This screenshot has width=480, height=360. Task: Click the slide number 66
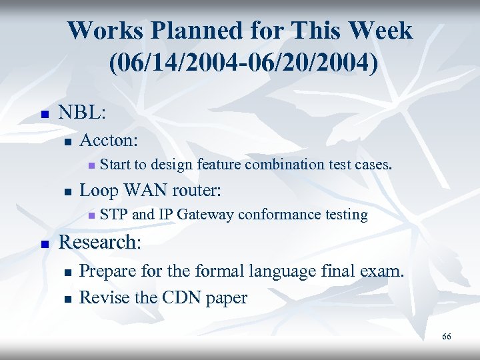click(x=446, y=337)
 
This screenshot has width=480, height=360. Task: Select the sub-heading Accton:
click(x=109, y=140)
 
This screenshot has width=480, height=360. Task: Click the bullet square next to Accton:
click(x=65, y=141)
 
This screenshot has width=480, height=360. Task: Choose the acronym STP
click(x=114, y=214)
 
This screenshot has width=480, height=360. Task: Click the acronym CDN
click(x=181, y=297)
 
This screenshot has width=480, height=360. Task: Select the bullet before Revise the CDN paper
click(x=65, y=299)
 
